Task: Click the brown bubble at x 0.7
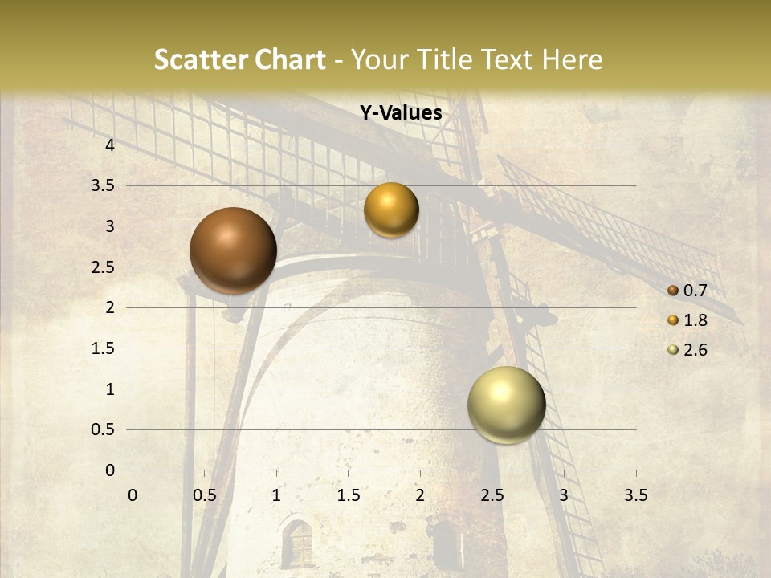tap(233, 250)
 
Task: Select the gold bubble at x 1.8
tap(391, 210)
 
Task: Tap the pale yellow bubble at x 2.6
tap(507, 405)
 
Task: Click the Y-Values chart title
tap(400, 113)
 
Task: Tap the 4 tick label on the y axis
tap(110, 145)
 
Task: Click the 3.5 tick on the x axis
tap(635, 495)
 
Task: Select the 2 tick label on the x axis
tap(420, 495)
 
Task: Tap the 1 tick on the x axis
tap(276, 495)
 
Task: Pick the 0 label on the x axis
tap(133, 495)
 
